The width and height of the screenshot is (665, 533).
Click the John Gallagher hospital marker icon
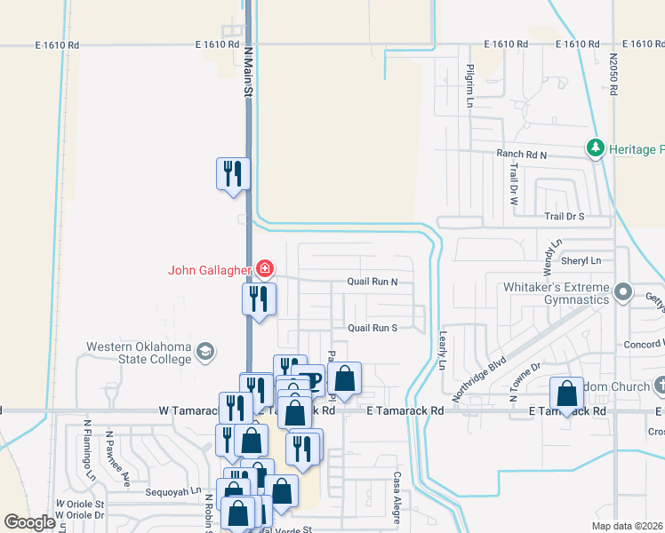[x=264, y=267]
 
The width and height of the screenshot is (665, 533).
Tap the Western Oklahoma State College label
[x=139, y=353]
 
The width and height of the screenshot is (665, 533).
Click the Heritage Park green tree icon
[x=595, y=148]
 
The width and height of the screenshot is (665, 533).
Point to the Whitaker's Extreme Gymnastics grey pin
[x=623, y=291]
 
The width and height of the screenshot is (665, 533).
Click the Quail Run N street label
[x=372, y=282]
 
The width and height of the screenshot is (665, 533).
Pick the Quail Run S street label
[x=372, y=328]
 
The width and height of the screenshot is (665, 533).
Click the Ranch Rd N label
[x=522, y=154]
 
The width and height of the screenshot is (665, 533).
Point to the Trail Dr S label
[x=564, y=217]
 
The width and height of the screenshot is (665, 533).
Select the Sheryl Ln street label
[x=583, y=260]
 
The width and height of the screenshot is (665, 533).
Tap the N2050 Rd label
[x=613, y=72]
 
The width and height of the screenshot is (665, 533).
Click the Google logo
[x=29, y=522]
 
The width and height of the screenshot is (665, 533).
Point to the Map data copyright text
[x=627, y=526]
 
